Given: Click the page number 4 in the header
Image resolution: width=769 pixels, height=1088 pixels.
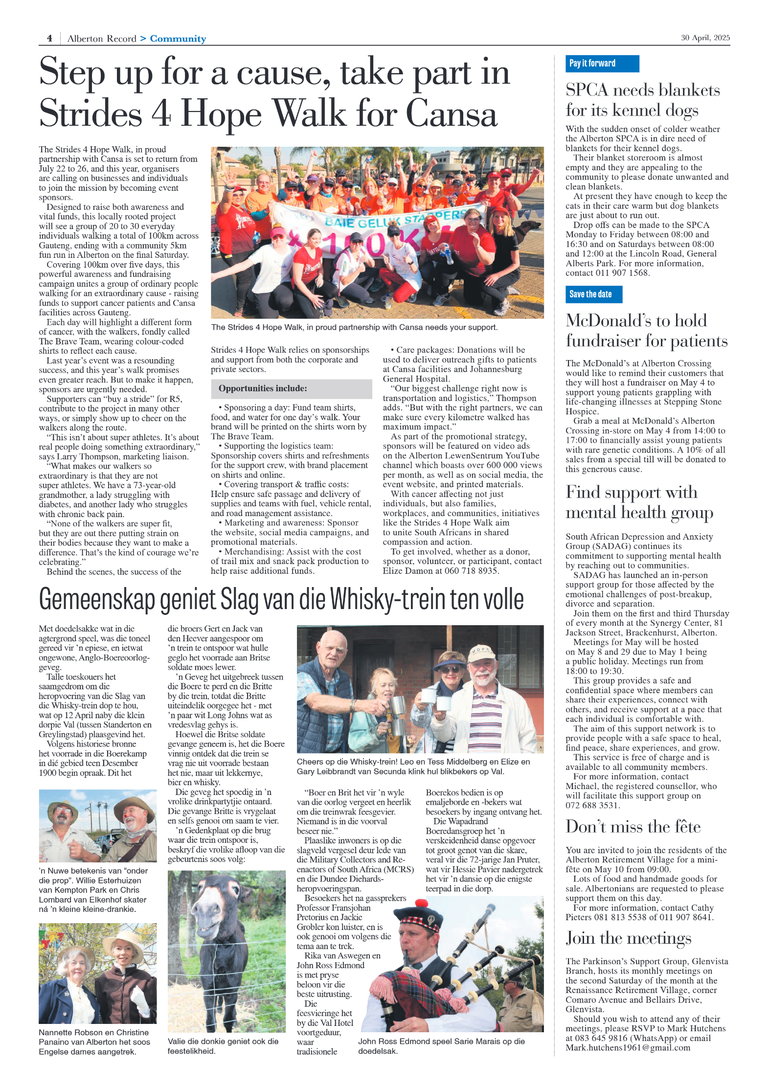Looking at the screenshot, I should (x=49, y=38).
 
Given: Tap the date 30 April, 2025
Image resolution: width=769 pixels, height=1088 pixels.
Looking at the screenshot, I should (x=705, y=38).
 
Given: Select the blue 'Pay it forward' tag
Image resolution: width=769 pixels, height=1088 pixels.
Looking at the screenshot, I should (x=602, y=64).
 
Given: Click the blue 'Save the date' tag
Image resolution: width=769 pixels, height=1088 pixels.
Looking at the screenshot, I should (x=593, y=294).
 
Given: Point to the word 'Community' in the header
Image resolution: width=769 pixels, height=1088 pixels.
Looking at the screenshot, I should (x=178, y=39).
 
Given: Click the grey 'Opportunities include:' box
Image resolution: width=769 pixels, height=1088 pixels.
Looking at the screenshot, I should (x=291, y=388).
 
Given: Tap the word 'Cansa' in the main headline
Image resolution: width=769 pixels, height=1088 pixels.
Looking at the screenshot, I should (x=451, y=114).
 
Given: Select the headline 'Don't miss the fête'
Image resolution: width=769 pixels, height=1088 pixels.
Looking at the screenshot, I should (x=633, y=826).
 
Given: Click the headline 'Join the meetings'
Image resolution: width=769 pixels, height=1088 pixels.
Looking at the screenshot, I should (x=628, y=938).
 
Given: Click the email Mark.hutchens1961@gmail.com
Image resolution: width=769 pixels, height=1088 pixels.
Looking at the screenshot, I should (x=628, y=1047).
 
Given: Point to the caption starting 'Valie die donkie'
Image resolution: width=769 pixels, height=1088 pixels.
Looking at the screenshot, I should (x=223, y=1046).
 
